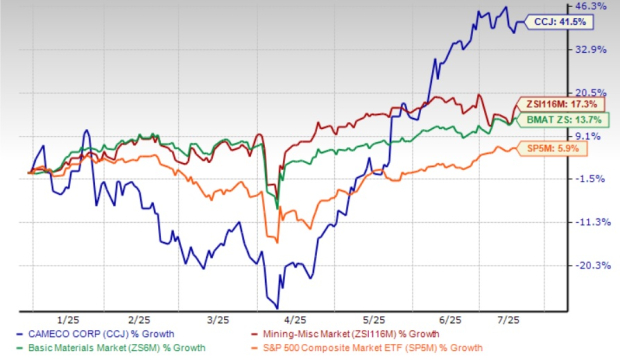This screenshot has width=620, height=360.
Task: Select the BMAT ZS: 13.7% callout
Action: point(550,120)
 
